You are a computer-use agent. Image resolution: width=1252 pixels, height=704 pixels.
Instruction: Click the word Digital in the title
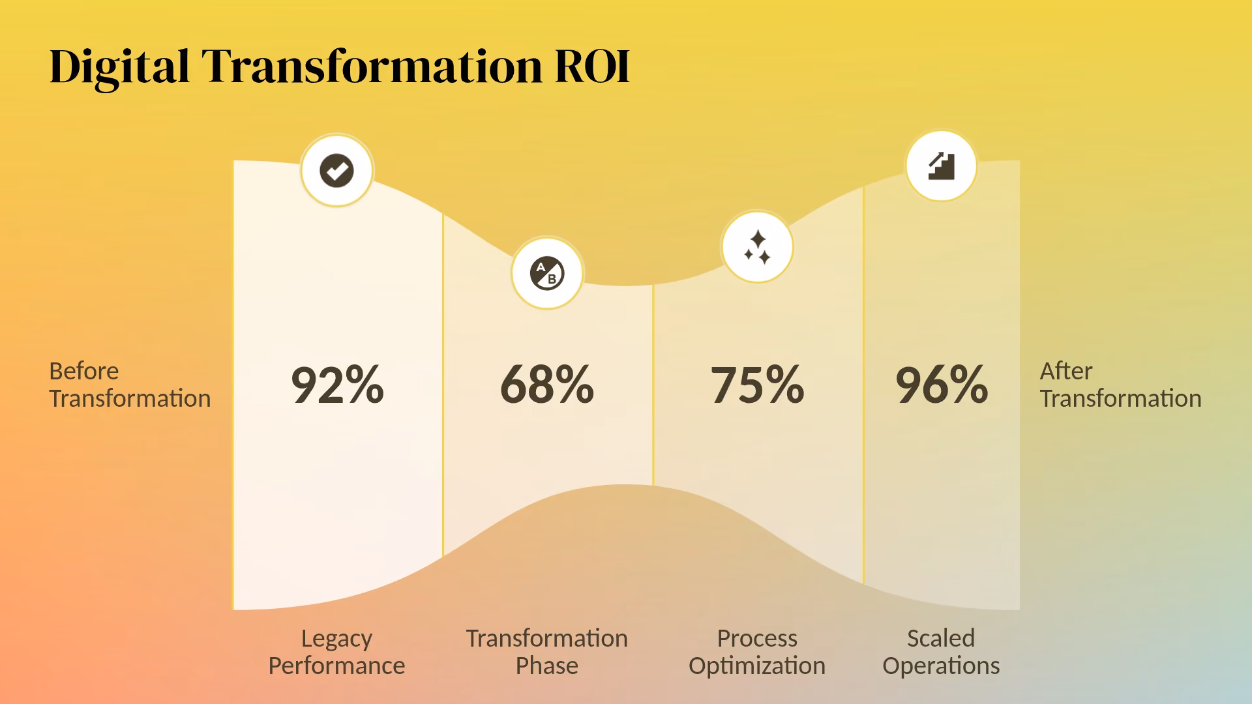(119, 67)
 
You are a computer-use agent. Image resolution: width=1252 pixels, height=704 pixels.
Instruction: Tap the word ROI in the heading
(592, 66)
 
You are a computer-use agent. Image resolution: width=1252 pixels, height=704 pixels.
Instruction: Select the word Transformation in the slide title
(372, 66)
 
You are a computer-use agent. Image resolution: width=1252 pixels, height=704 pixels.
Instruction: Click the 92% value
(337, 385)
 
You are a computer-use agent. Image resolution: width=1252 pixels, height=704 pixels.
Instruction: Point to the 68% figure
(547, 385)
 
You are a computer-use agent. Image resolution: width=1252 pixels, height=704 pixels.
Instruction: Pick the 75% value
(757, 385)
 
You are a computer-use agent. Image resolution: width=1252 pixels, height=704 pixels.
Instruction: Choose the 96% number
(942, 385)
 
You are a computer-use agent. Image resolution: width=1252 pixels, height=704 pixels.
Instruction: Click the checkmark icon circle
(336, 171)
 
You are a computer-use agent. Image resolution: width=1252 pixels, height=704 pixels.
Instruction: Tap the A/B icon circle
(547, 273)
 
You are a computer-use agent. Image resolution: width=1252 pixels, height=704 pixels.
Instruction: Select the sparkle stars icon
(757, 247)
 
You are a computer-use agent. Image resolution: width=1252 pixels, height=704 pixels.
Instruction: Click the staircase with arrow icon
(941, 166)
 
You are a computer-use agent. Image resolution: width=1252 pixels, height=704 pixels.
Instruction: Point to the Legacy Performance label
(336, 652)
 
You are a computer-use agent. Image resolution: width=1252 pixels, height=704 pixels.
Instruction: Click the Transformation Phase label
(547, 652)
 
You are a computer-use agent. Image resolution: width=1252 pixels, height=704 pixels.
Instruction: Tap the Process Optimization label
(757, 652)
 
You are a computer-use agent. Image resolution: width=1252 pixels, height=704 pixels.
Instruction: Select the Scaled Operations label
(941, 652)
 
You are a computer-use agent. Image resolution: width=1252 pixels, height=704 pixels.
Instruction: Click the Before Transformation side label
(130, 385)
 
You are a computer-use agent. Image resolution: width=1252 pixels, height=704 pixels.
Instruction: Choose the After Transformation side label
(1120, 385)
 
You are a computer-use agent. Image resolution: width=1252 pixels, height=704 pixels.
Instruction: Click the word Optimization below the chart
(757, 666)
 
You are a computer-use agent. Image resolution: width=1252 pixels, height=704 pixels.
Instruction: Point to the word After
(1066, 371)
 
